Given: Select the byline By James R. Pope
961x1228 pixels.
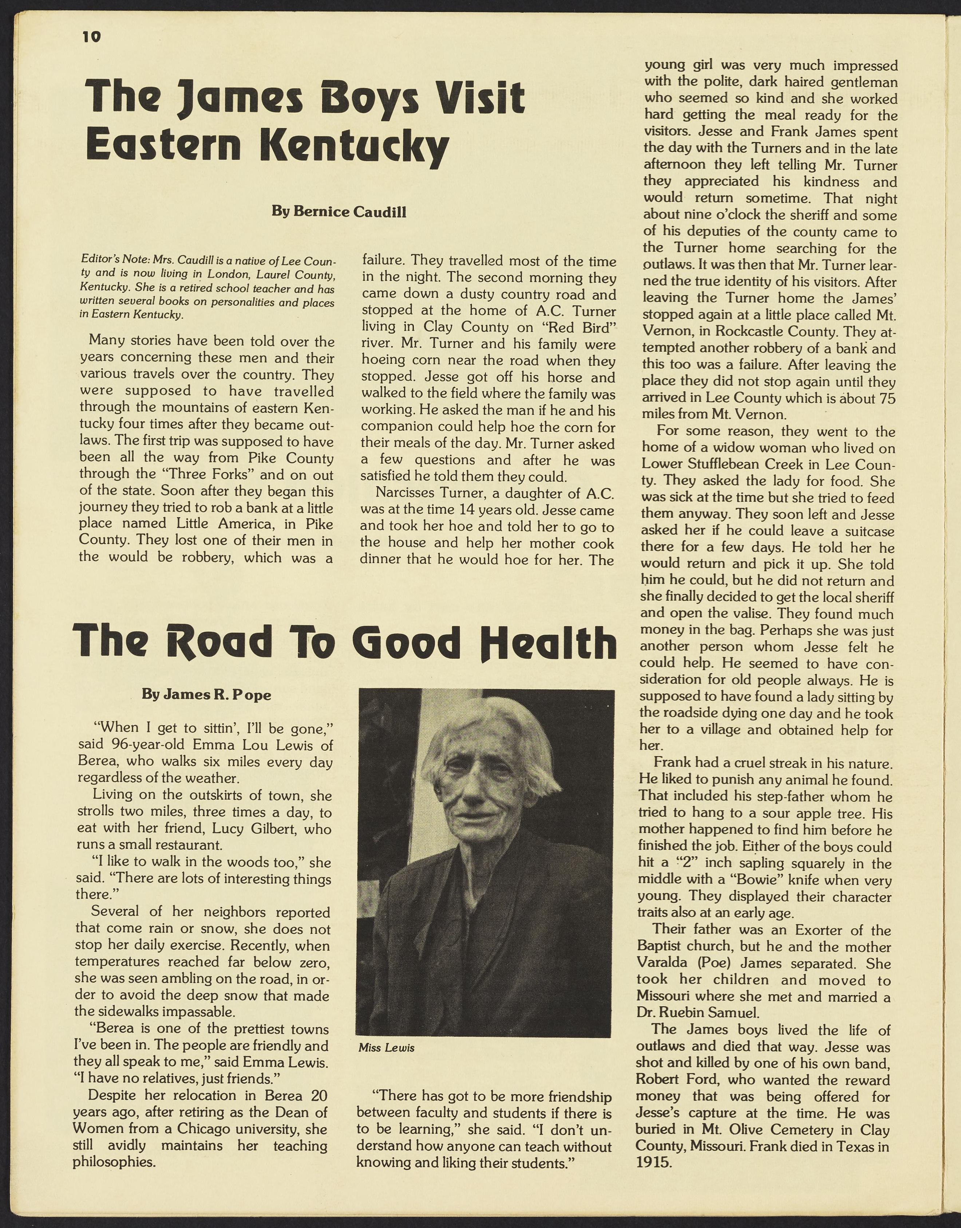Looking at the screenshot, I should (x=206, y=694).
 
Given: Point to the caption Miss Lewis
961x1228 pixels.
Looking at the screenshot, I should (x=387, y=1047).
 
